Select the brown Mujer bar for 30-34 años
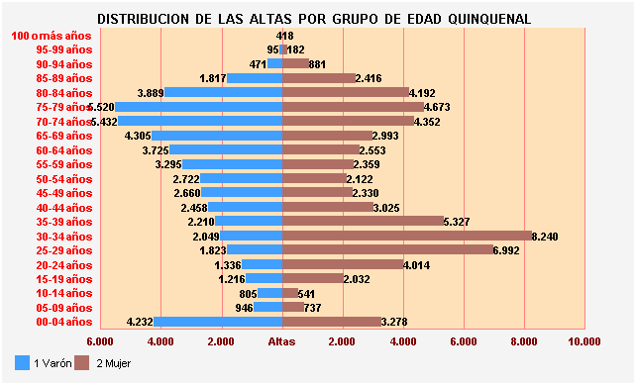coord(407,236)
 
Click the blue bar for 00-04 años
coord(218,322)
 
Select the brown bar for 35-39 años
coord(363,222)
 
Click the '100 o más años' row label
coord(52,36)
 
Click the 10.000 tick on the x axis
coord(583,341)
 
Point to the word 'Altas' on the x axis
coord(282,341)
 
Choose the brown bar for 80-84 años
coord(346,92)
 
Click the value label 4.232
coord(141,322)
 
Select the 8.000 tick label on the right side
coord(523,341)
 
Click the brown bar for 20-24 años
coord(343,264)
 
